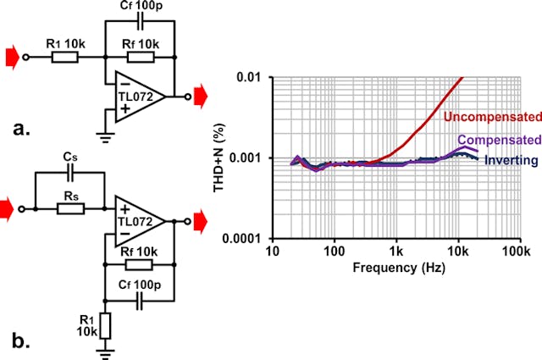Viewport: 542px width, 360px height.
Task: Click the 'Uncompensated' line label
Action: (x=490, y=115)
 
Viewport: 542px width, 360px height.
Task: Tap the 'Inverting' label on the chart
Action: (x=512, y=160)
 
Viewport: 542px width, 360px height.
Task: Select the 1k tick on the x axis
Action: (x=396, y=252)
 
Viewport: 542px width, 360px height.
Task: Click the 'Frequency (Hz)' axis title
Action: (x=395, y=268)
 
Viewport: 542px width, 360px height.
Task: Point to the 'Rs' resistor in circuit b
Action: (x=69, y=206)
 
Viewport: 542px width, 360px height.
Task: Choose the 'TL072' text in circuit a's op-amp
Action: (x=136, y=97)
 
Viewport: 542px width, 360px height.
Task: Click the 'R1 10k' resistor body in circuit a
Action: (x=65, y=58)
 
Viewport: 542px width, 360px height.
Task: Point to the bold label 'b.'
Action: (x=22, y=342)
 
